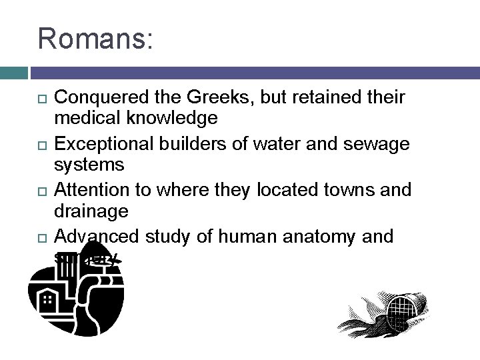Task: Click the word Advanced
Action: (x=97, y=236)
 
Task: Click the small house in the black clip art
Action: (x=48, y=304)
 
